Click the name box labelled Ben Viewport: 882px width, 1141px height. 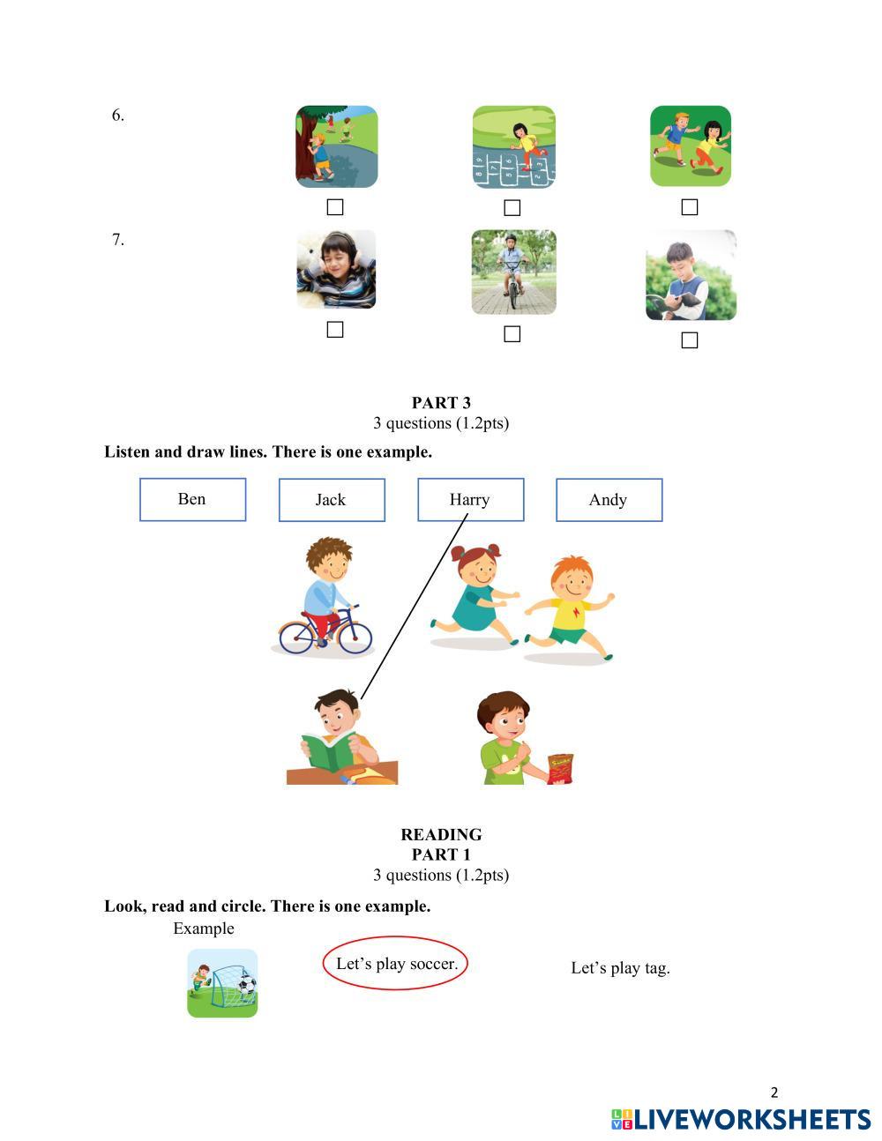(192, 499)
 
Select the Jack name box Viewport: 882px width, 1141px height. (332, 500)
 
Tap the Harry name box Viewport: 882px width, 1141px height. (470, 500)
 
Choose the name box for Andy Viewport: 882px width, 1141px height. (609, 500)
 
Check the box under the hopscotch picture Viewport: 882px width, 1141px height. (512, 208)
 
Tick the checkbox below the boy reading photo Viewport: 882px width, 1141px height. (690, 340)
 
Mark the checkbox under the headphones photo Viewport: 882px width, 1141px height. (335, 330)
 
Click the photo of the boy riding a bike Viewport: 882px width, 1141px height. (513, 272)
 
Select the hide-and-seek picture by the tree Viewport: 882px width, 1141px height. (336, 146)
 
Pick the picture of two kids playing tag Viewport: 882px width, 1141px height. (691, 146)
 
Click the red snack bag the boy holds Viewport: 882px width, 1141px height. (560, 768)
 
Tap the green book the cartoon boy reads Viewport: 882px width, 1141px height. (328, 753)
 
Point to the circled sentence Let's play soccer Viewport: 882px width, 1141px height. (396, 964)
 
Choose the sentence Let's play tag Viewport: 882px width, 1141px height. (620, 968)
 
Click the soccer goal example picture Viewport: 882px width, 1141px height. (222, 983)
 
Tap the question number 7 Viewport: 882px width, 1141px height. (117, 240)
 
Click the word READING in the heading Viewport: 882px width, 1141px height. (441, 834)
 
